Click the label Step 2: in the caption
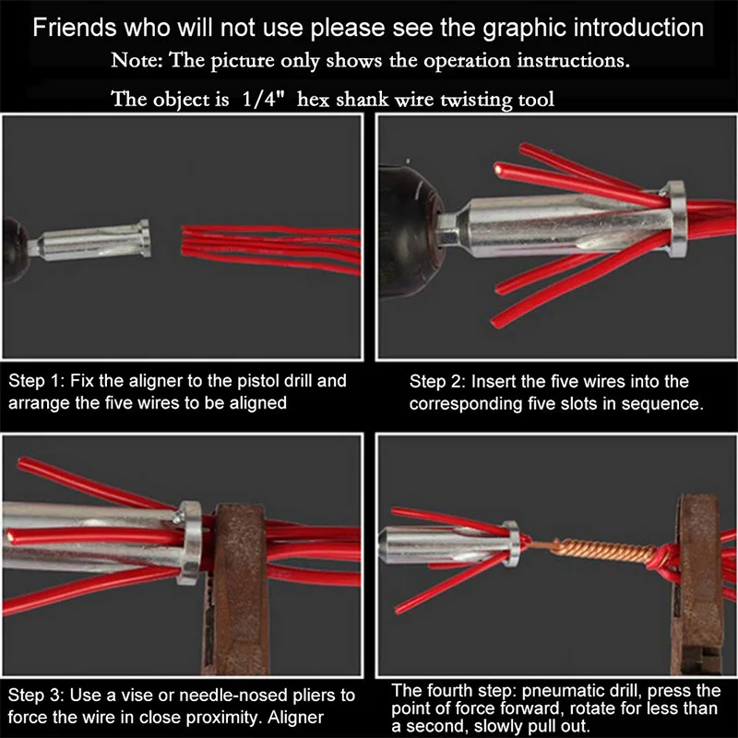coord(437,382)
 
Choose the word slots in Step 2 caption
coord(598,403)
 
